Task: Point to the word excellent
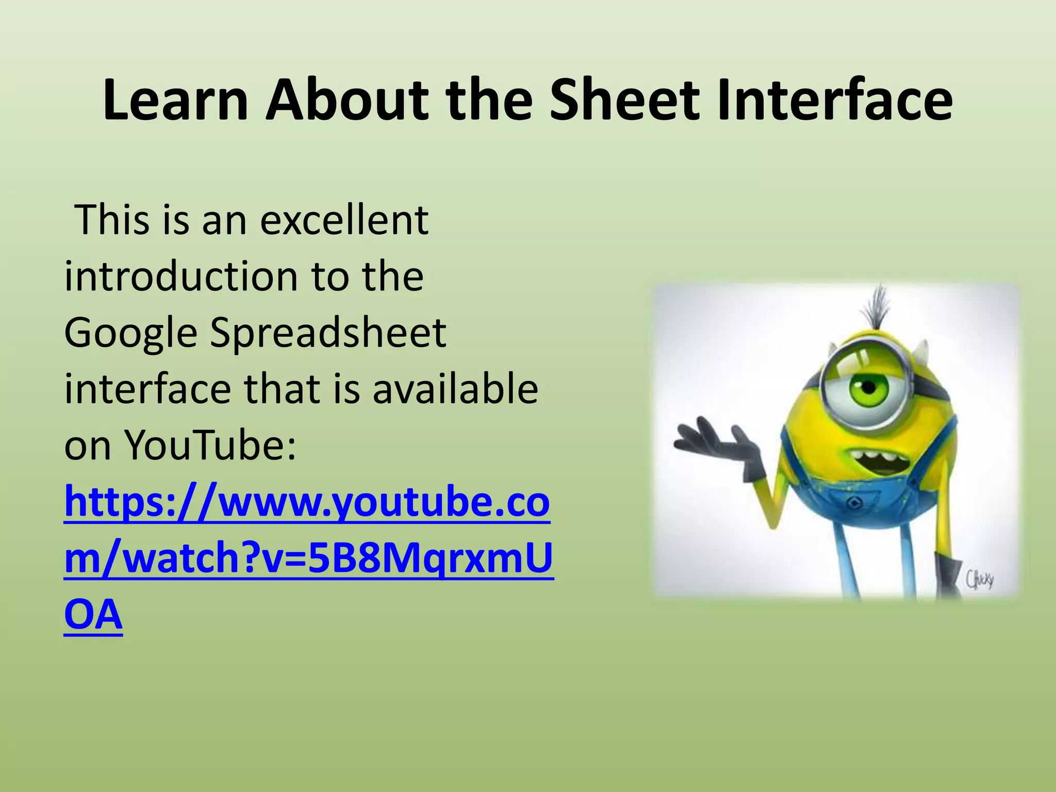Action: pos(344,220)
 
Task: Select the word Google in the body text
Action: pos(131,334)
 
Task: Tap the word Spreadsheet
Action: pos(328,333)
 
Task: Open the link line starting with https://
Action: pos(307,502)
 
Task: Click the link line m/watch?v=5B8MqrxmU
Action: pos(308,558)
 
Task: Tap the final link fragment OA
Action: pos(93,615)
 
